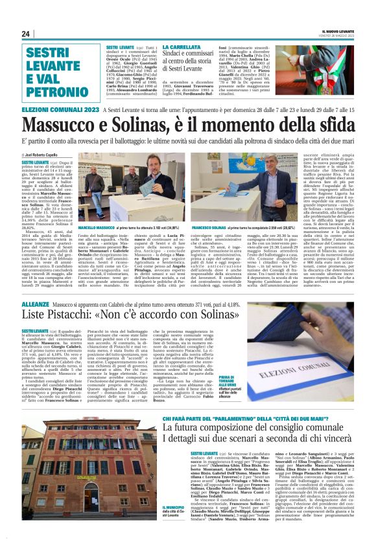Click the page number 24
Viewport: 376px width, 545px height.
26,34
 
